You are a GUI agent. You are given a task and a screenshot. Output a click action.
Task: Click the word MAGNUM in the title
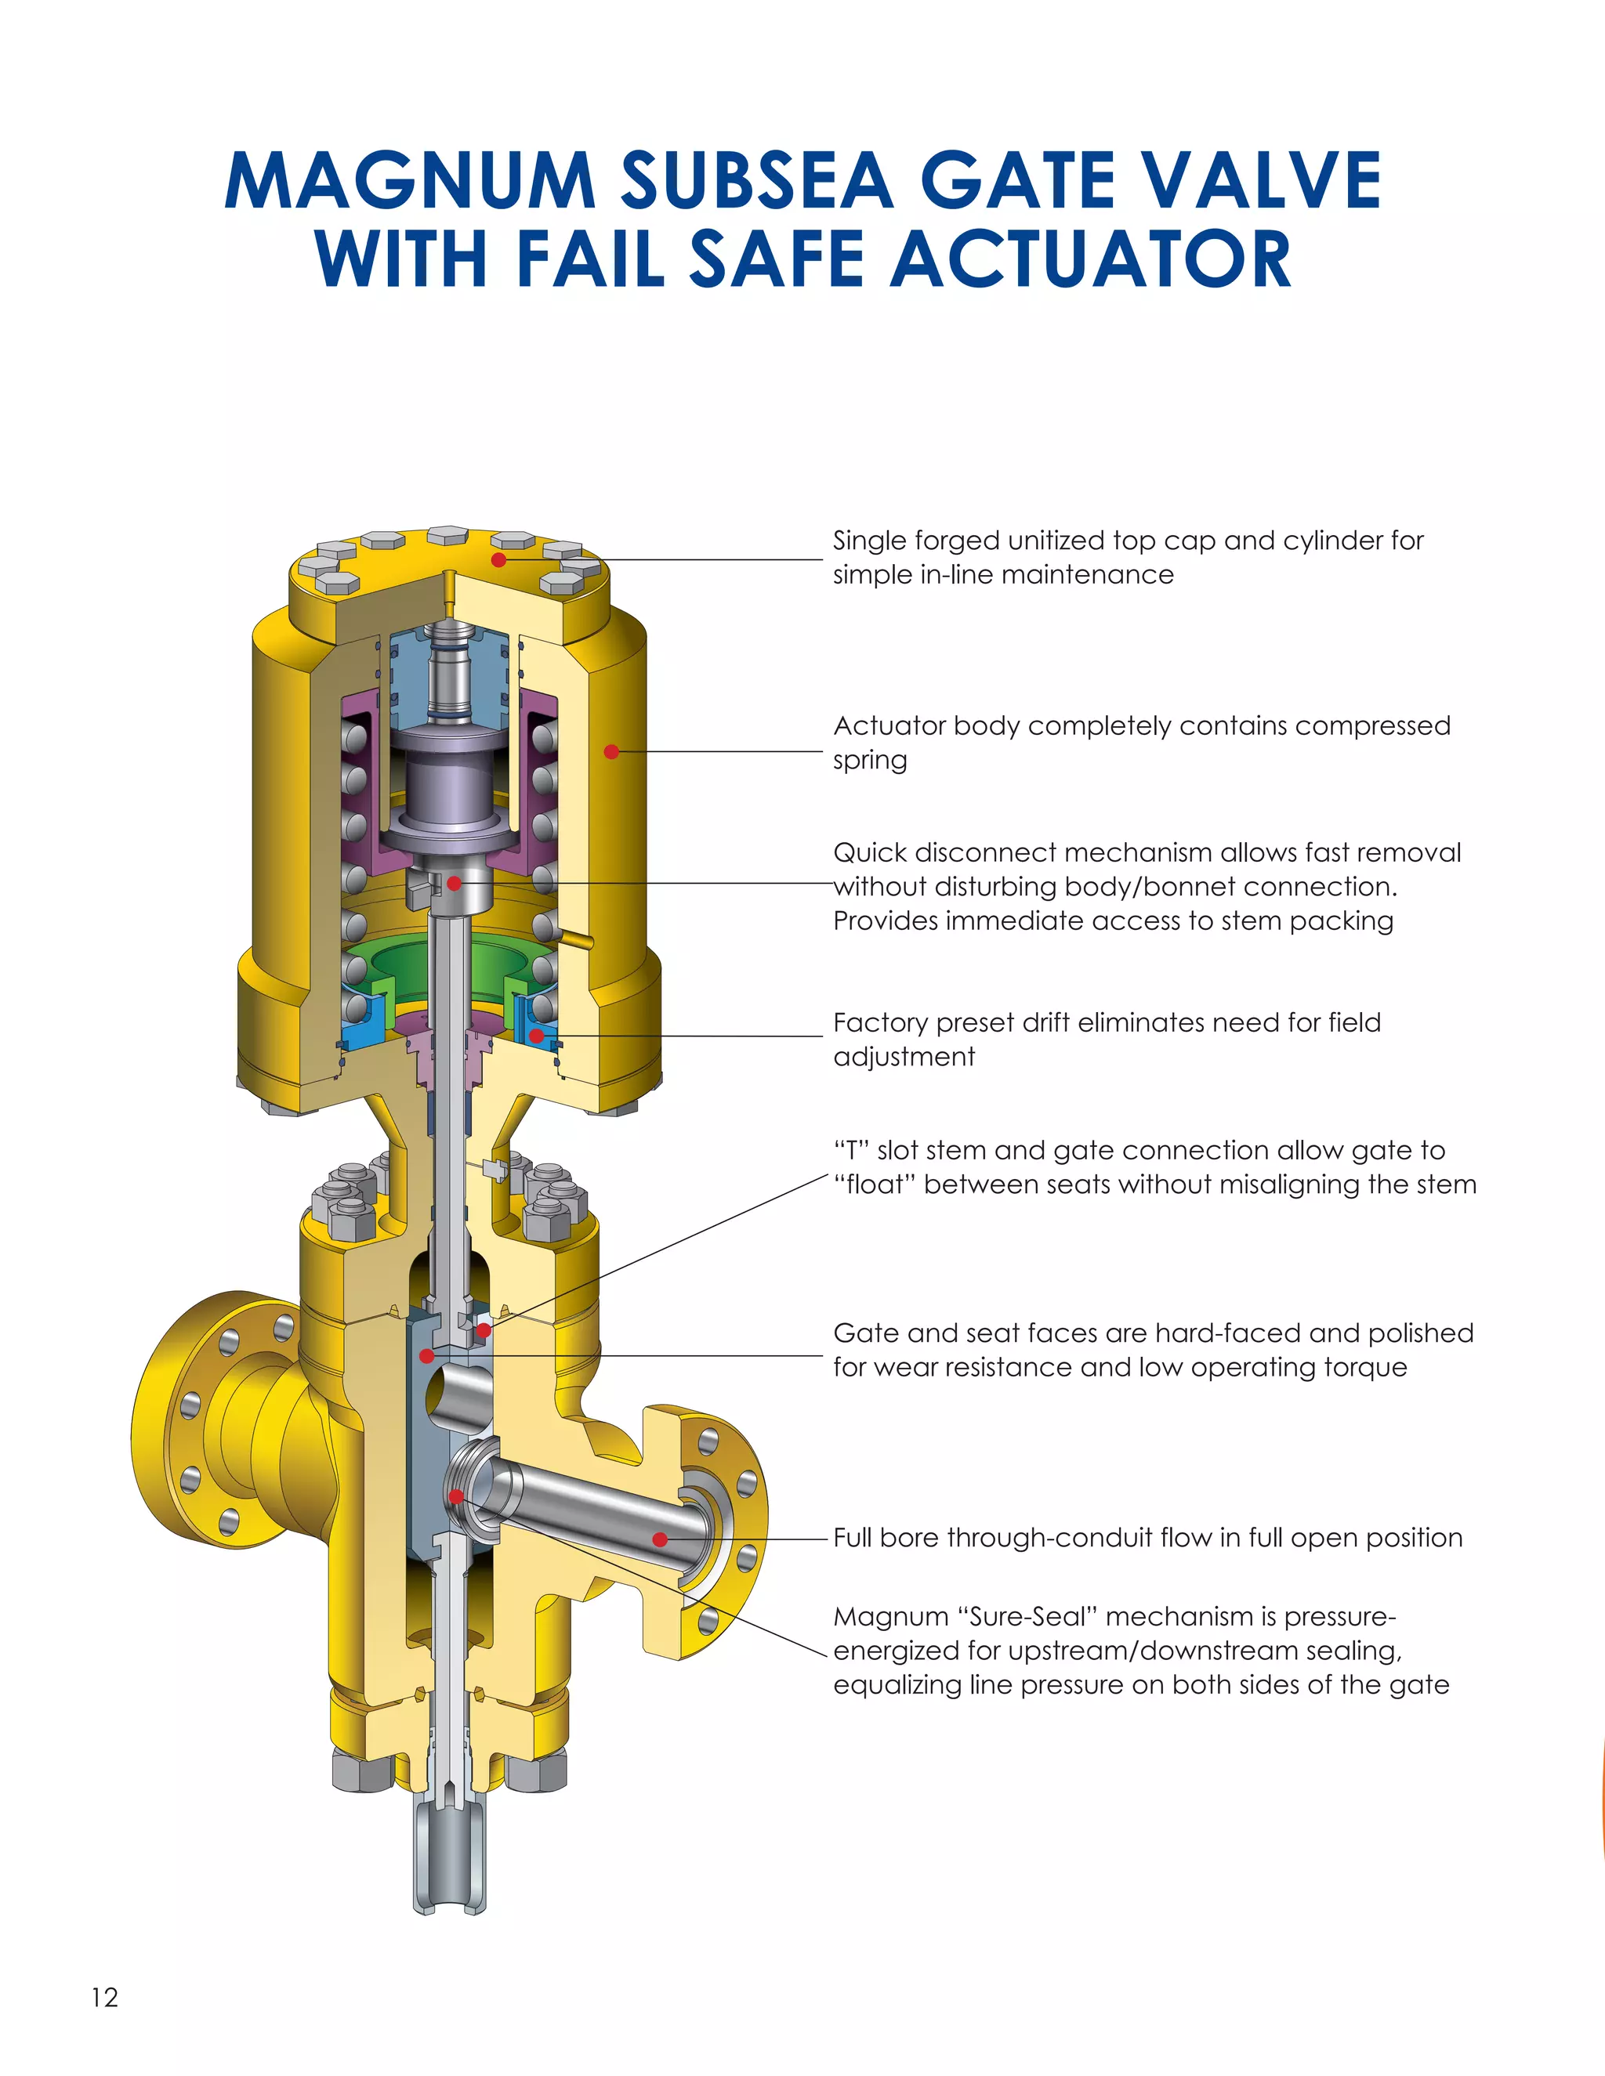tap(410, 181)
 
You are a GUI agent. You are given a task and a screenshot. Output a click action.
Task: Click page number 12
tap(104, 1997)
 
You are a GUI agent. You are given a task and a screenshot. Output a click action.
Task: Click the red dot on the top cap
tap(498, 560)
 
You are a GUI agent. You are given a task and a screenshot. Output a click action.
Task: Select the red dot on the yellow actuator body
tap(612, 752)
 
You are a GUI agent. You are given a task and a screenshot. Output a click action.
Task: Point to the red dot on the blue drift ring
tap(536, 1035)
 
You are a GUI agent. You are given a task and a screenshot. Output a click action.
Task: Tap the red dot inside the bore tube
tap(660, 1539)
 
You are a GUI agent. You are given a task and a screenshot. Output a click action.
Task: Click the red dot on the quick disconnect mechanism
tap(455, 883)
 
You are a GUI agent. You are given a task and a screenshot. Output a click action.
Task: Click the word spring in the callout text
tap(870, 761)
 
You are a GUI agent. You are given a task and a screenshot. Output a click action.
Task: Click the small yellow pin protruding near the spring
tap(576, 939)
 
